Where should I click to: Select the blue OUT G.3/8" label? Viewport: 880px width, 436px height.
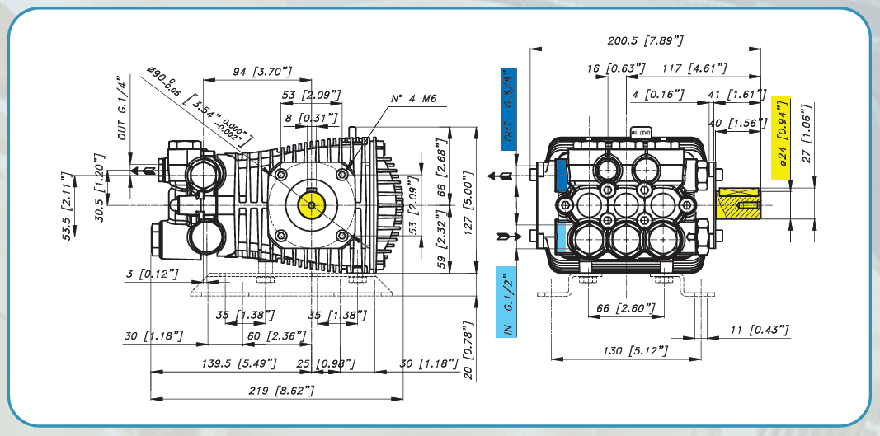[x=507, y=110]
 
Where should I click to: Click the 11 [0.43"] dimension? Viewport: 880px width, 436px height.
[x=759, y=331]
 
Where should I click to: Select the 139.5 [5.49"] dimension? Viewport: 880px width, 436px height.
[x=239, y=363]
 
